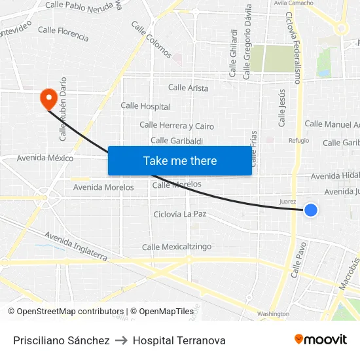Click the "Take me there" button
(179, 160)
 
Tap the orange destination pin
(48, 98)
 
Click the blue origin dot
(311, 210)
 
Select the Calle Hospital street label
(145, 106)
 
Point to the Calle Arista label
(188, 88)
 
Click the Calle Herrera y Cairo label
(177, 126)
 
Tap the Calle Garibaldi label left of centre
(177, 141)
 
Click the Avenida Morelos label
(103, 187)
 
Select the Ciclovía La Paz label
(180, 214)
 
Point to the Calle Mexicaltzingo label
(177, 247)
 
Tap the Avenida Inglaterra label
(75, 245)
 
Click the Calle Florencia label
(63, 34)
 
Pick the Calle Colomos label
(151, 39)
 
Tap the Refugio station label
(298, 140)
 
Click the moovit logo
(321, 340)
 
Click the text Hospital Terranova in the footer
(179, 340)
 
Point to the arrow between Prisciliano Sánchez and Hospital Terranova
(121, 340)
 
